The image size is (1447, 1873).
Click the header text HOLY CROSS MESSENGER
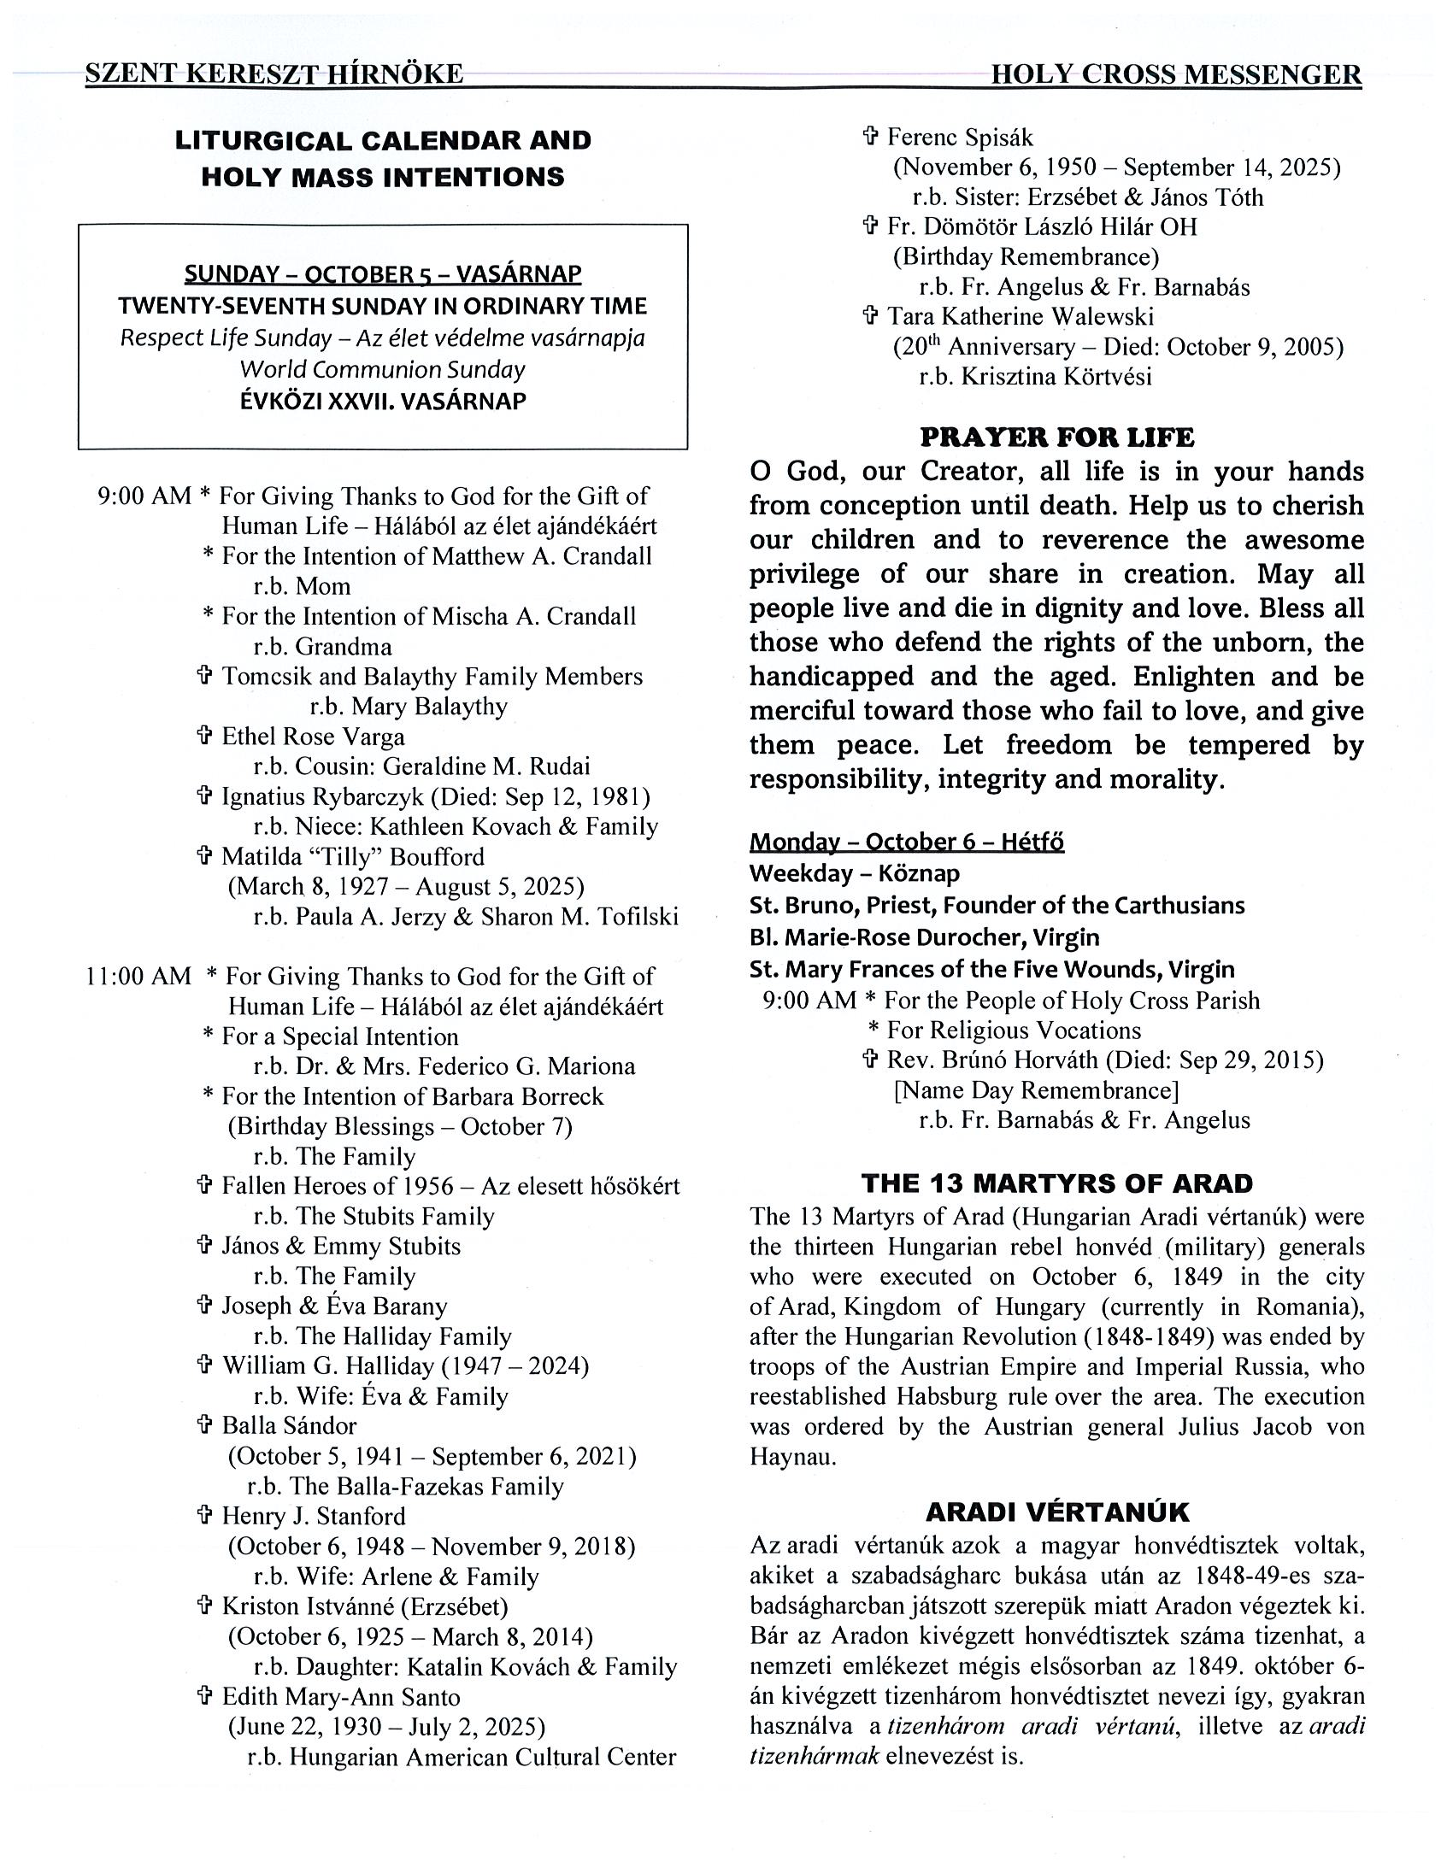point(1175,75)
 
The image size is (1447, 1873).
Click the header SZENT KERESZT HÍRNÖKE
point(274,74)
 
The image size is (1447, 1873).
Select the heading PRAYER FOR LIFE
point(1056,437)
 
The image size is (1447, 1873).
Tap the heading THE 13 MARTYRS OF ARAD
point(1056,1183)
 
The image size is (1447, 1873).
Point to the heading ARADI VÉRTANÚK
point(1056,1512)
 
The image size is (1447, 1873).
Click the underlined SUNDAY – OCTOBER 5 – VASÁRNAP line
point(383,274)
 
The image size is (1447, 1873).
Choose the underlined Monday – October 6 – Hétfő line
point(907,842)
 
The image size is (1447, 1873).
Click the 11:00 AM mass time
point(138,976)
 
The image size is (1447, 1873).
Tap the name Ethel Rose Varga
point(313,737)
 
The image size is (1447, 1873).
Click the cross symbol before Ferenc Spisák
point(870,138)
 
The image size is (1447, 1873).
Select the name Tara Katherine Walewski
point(1020,316)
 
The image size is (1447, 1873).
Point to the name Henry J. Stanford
point(313,1515)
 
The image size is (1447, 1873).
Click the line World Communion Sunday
point(383,370)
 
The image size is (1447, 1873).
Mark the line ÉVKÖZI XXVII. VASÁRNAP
point(383,402)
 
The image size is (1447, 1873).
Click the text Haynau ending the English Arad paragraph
point(791,1456)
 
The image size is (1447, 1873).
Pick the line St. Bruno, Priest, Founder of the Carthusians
point(997,905)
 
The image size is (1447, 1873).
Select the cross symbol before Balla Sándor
point(204,1425)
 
